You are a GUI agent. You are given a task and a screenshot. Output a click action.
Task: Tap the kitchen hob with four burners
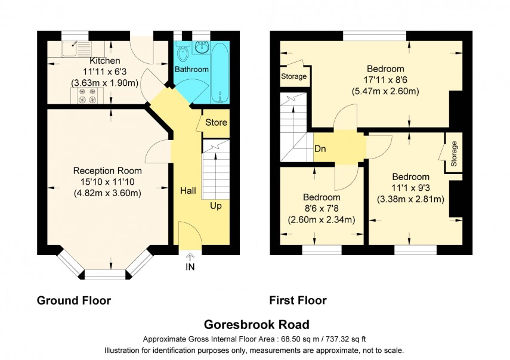(86, 95)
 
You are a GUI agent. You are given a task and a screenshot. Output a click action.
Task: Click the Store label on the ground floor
(216, 123)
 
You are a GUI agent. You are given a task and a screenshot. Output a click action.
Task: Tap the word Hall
(190, 191)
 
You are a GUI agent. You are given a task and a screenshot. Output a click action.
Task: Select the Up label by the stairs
(215, 206)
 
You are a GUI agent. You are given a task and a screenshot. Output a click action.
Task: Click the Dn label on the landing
(320, 149)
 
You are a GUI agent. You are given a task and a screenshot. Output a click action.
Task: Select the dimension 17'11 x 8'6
(385, 80)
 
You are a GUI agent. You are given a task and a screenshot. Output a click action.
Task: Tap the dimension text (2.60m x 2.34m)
(322, 219)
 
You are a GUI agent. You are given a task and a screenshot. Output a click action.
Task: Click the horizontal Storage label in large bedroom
(294, 77)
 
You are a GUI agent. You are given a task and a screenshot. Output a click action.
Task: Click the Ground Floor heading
(74, 300)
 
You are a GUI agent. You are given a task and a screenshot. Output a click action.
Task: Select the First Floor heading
(298, 300)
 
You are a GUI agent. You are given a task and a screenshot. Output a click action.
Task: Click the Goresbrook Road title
(256, 324)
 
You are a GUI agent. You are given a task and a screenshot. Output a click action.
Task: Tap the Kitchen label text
(105, 61)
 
